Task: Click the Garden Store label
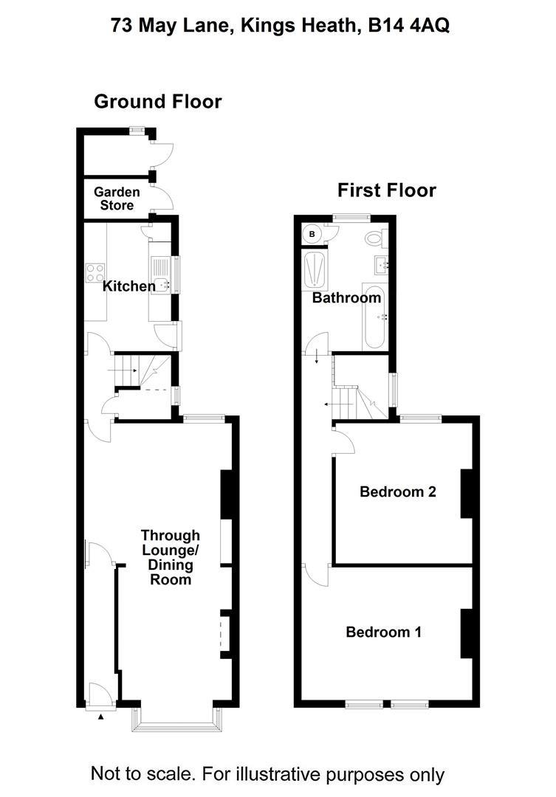pyautogui.click(x=117, y=199)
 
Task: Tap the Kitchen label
pyautogui.click(x=128, y=286)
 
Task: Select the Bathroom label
pyautogui.click(x=346, y=298)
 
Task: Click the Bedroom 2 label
pyautogui.click(x=397, y=491)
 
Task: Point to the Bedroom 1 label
pyautogui.click(x=384, y=632)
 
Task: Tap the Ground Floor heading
pyautogui.click(x=157, y=102)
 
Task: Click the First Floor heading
pyautogui.click(x=387, y=190)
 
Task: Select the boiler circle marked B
pyautogui.click(x=312, y=234)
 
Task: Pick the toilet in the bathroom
pyautogui.click(x=374, y=238)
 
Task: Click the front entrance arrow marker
pyautogui.click(x=101, y=715)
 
